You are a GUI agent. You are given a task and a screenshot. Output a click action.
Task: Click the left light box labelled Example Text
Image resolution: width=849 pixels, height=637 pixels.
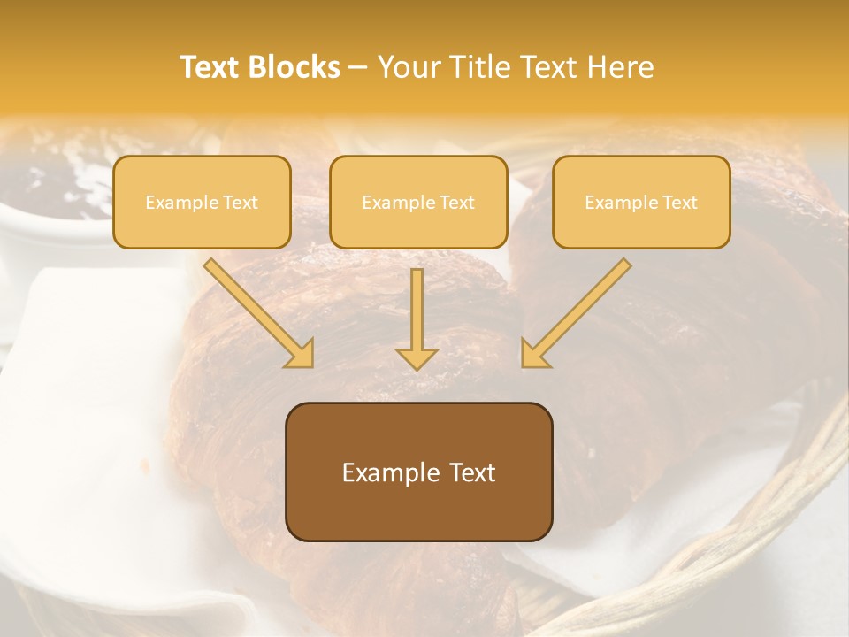202,202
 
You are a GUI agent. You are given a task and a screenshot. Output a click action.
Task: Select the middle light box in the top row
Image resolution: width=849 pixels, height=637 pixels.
418,202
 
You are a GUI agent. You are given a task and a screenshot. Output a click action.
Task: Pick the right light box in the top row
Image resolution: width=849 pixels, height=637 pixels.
641,202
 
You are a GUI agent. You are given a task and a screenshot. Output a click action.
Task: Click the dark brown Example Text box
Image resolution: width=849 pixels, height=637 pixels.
418,472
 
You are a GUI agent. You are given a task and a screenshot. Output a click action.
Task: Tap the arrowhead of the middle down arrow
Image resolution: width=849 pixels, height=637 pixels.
417,357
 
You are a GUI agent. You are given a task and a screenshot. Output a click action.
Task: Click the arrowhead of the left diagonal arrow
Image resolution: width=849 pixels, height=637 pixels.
301,354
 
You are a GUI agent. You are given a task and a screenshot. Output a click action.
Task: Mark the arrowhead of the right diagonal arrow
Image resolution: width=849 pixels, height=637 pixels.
533,354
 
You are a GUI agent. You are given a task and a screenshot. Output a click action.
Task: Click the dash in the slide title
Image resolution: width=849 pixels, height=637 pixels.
359,67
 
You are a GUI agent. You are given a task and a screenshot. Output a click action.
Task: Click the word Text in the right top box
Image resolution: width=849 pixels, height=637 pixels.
680,202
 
